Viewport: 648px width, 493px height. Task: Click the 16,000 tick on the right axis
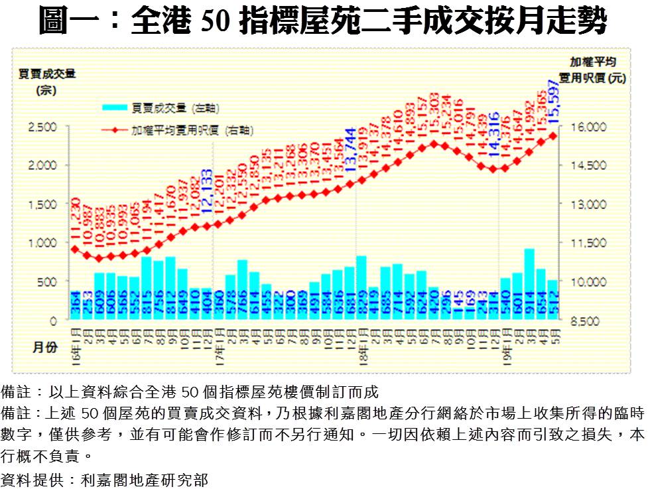pyautogui.click(x=584, y=126)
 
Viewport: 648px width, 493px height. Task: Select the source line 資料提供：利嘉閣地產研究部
pyautogui.click(x=105, y=479)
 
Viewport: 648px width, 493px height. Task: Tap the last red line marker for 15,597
pyautogui.click(x=553, y=135)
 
